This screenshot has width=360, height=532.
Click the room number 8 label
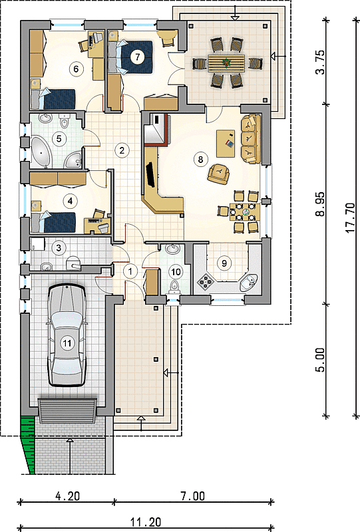click(200, 159)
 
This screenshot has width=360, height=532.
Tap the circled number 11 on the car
click(67, 343)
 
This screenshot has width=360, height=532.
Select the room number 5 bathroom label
click(59, 139)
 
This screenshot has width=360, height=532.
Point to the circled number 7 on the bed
click(137, 57)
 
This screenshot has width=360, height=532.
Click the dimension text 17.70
click(351, 217)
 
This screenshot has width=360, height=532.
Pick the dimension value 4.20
click(68, 496)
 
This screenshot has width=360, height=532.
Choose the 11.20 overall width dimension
click(146, 521)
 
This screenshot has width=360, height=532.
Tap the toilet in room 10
click(174, 286)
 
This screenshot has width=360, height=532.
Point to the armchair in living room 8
click(219, 174)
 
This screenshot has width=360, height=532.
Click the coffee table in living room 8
click(226, 143)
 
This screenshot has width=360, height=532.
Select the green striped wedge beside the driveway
click(29, 444)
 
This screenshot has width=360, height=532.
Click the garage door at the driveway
click(67, 411)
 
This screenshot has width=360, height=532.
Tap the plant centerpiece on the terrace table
click(224, 62)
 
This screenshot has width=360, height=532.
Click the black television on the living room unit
click(150, 174)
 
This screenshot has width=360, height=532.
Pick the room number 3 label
click(59, 247)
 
